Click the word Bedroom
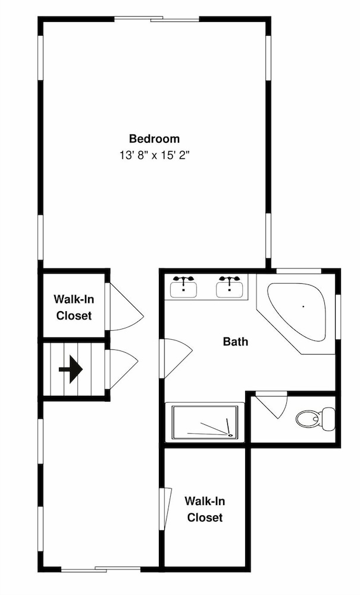[x=154, y=139]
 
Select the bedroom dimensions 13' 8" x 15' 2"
[x=154, y=155]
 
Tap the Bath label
[x=236, y=342]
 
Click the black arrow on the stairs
[x=71, y=369]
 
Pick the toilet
[x=315, y=419]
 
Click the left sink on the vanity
[x=183, y=287]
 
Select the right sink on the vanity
[x=230, y=287]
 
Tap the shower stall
[x=205, y=422]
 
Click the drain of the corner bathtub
[x=303, y=306]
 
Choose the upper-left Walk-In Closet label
[x=74, y=308]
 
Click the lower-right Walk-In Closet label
[x=205, y=509]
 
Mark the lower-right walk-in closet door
[x=166, y=509]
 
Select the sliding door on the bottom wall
[x=101, y=569]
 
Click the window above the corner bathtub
[x=299, y=271]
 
